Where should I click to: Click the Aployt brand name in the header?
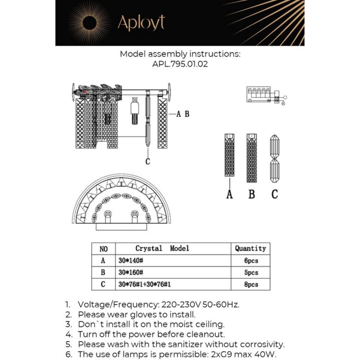[x=141, y=23]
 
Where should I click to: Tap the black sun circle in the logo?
[x=89, y=23]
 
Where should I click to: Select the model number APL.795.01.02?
[x=180, y=64]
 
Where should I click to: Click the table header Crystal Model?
[x=162, y=248]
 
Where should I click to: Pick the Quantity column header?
[x=250, y=248]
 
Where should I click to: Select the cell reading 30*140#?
[x=131, y=261]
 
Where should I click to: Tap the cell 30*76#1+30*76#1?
[x=145, y=284]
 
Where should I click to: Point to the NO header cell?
[x=103, y=249]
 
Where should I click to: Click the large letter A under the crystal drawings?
[x=229, y=194]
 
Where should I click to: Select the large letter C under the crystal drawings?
[x=274, y=194]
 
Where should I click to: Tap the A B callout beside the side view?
[x=183, y=114]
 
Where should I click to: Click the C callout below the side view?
[x=148, y=161]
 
